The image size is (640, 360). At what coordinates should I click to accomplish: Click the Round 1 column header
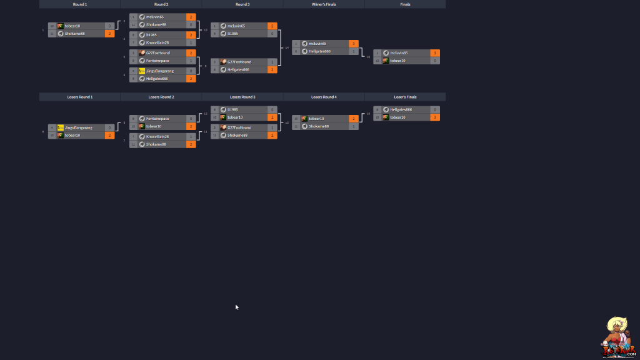tap(79, 4)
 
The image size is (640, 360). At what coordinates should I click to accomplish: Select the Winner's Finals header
tap(324, 4)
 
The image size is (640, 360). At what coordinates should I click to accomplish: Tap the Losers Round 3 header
tap(242, 97)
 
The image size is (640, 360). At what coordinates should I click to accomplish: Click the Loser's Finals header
tap(405, 97)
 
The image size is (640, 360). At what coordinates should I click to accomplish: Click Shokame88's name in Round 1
tap(75, 34)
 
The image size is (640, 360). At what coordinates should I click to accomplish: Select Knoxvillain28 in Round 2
tap(157, 42)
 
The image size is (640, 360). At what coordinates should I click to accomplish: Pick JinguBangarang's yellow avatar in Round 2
tap(142, 71)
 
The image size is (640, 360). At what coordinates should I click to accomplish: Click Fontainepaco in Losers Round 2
tap(157, 119)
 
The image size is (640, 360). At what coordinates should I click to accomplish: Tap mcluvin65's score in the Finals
tap(434, 53)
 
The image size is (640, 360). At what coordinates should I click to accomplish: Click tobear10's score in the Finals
tap(434, 61)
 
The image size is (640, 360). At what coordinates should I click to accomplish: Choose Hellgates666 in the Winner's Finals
tap(319, 51)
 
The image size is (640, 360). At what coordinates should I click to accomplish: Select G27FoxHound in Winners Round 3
tap(239, 62)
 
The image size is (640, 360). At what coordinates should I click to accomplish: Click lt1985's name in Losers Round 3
tap(232, 109)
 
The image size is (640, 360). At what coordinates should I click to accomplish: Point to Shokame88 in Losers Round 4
tap(319, 126)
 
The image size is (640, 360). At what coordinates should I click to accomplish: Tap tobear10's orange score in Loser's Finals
tap(434, 117)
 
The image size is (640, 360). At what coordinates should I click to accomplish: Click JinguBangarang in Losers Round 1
tap(78, 127)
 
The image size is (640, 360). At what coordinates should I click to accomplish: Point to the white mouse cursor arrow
tap(237, 307)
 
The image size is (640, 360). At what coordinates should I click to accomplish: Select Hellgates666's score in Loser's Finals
tap(434, 109)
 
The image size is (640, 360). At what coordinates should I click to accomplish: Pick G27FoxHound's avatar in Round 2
tap(142, 53)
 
